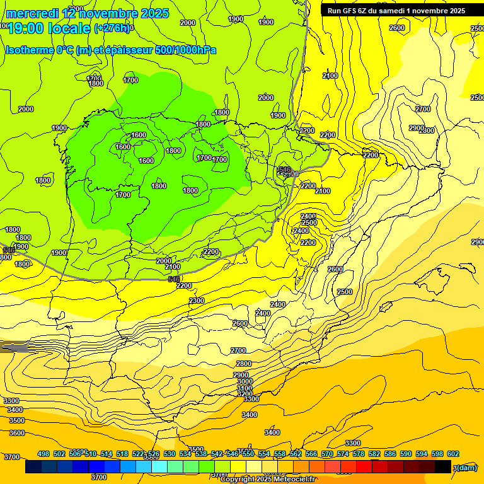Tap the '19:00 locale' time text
[x=49, y=28]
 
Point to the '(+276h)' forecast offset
[x=112, y=28]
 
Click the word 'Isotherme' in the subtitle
[x=29, y=50]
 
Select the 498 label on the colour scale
[x=43, y=454]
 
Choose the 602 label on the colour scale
[x=453, y=454]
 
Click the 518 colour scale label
[x=122, y=454]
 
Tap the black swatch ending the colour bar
[x=443, y=467]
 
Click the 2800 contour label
[x=244, y=364]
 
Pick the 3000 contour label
[x=245, y=381]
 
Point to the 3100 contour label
[x=245, y=388]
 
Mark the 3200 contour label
[x=245, y=395]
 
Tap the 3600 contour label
[x=17, y=433]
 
